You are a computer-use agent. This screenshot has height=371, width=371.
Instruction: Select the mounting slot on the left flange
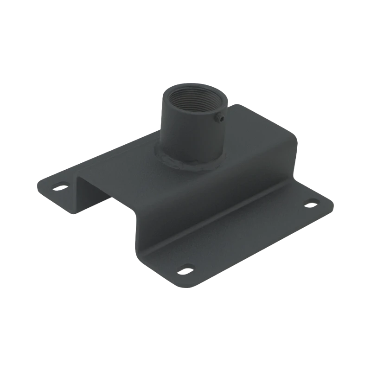tap(60, 187)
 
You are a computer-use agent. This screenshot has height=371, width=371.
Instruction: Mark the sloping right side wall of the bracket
tap(209, 199)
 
